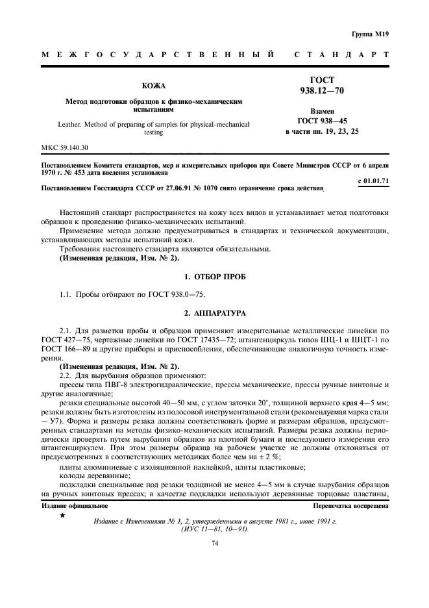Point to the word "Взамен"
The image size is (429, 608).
(323, 111)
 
